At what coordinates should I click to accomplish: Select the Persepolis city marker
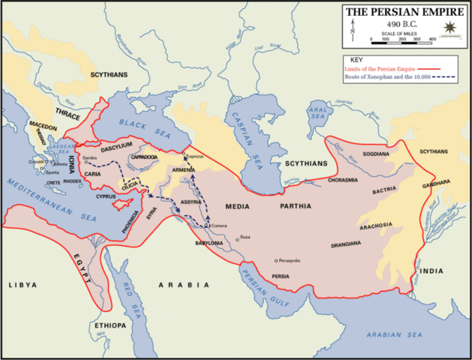(x=273, y=260)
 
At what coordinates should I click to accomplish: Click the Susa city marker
(x=237, y=239)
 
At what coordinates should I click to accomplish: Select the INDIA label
(x=431, y=270)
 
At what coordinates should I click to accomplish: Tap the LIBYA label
(x=22, y=286)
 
